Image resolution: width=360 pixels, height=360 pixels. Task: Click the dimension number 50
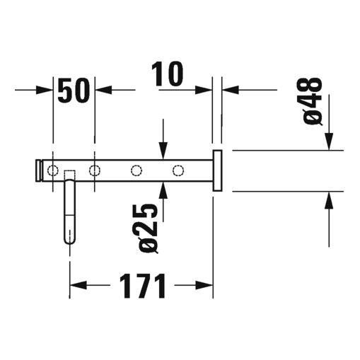pyautogui.click(x=74, y=91)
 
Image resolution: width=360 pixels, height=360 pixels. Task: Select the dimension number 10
pyautogui.click(x=167, y=74)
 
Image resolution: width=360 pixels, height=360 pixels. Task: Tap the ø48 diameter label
pyautogui.click(x=313, y=100)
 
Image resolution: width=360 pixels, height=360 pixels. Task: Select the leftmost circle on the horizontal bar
pyautogui.click(x=53, y=170)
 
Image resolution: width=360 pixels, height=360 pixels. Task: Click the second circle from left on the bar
pyautogui.click(x=94, y=170)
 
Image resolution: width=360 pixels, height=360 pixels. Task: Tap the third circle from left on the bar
pyautogui.click(x=137, y=170)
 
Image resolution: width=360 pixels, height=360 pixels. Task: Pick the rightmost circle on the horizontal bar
pyautogui.click(x=178, y=170)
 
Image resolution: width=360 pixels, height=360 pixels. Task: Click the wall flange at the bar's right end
pyautogui.click(x=218, y=170)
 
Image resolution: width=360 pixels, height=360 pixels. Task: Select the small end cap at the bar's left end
pyautogui.click(x=39, y=170)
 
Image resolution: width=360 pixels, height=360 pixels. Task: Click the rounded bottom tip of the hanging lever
pyautogui.click(x=69, y=239)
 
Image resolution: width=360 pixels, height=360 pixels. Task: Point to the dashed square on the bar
pyautogui.click(x=69, y=175)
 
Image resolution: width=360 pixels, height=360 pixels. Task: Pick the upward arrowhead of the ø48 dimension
pyautogui.click(x=330, y=199)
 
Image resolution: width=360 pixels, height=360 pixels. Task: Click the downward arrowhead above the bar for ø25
pyautogui.click(x=163, y=152)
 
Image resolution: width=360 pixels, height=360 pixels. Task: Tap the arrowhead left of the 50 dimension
pyautogui.click(x=47, y=91)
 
